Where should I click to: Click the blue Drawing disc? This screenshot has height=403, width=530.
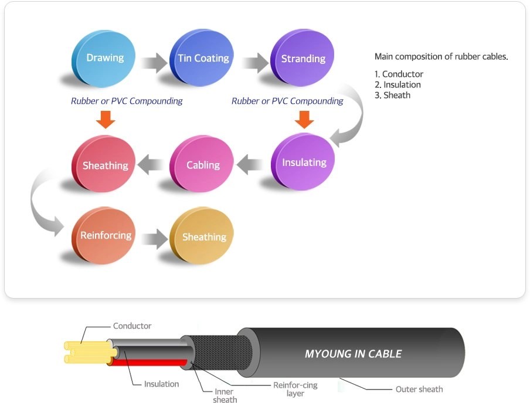point(105,57)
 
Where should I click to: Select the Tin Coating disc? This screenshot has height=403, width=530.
point(203,57)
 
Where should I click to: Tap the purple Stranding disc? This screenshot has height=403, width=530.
point(303,58)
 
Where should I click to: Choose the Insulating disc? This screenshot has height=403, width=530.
point(304,162)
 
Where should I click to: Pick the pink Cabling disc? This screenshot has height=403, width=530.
point(203,164)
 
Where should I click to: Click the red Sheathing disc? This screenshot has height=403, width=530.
point(105,165)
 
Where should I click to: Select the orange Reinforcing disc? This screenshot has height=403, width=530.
point(106,235)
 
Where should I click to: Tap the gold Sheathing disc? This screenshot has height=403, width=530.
point(203,237)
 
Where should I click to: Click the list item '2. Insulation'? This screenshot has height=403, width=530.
point(398,84)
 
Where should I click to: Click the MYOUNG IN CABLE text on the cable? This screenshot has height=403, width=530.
point(353,354)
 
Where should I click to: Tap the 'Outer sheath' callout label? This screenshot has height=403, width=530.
point(419,389)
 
